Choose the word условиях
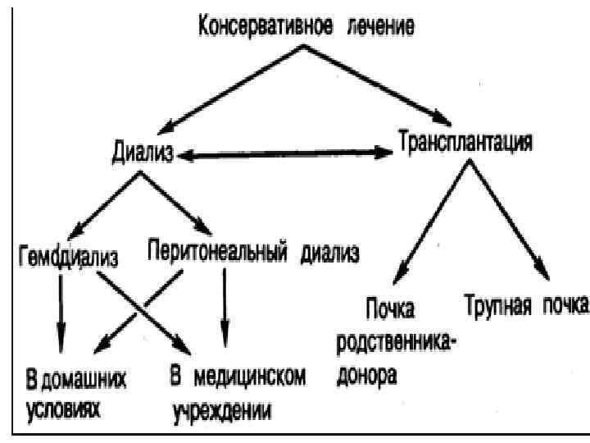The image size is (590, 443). point(60,409)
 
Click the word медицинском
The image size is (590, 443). point(249,377)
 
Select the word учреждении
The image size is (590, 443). point(221,409)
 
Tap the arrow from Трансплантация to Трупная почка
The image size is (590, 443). point(511,217)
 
